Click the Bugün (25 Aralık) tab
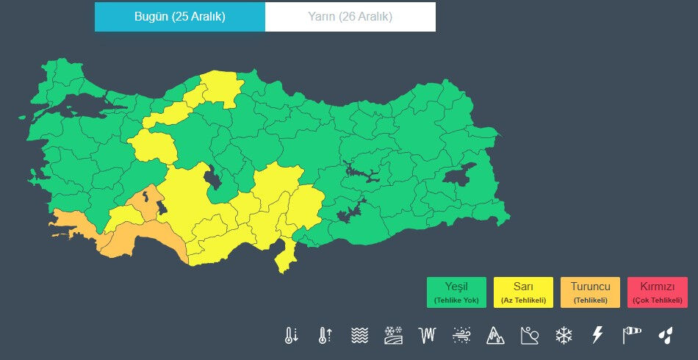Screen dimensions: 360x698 point(179,17)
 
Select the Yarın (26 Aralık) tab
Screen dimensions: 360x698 point(350,17)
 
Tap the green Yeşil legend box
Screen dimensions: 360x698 point(456,292)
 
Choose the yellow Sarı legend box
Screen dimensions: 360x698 point(523,292)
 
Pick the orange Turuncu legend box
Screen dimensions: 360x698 point(590,292)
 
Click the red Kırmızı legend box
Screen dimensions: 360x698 point(657,292)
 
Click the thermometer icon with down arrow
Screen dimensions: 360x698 point(291,336)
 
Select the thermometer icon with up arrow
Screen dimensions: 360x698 point(325,336)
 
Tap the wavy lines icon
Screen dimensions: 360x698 point(359,336)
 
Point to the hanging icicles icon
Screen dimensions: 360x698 point(427,336)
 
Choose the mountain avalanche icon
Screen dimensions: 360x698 point(496,336)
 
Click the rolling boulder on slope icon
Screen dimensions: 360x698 point(530,336)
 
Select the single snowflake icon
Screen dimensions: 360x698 point(564,336)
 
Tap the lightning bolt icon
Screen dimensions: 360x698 point(597,336)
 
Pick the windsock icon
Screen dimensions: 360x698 point(631,336)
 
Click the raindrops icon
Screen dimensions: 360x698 point(665,336)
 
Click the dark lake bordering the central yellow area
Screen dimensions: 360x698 point(214,177)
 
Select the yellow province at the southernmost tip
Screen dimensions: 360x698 point(284,257)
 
